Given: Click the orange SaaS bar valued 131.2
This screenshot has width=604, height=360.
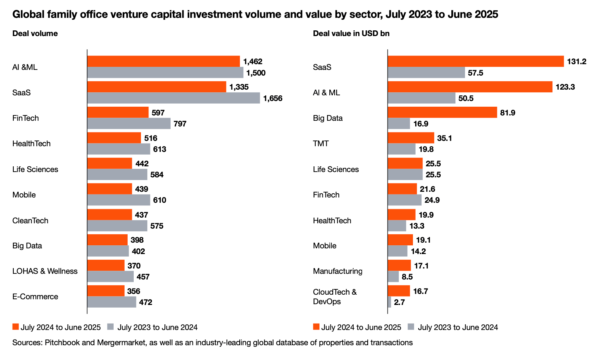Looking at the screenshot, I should pyautogui.click(x=476, y=62).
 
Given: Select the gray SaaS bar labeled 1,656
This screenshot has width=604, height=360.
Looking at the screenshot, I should pyautogui.click(x=174, y=98).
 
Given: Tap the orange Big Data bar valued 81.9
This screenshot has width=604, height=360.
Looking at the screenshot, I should pyautogui.click(x=442, y=112).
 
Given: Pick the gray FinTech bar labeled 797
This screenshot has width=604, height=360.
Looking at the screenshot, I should pyautogui.click(x=129, y=124).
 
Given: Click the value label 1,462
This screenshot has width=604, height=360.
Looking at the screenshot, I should pyautogui.click(x=253, y=62).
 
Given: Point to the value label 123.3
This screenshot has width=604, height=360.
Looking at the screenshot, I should pyautogui.click(x=565, y=87).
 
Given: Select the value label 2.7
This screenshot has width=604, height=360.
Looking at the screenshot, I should pyautogui.click(x=399, y=302).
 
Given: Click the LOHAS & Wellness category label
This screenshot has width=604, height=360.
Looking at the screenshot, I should pyautogui.click(x=45, y=271).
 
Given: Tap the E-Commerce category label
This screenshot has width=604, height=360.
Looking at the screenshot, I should pyautogui.click(x=35, y=297).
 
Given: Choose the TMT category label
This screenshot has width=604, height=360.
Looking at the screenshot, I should pyautogui.click(x=321, y=144).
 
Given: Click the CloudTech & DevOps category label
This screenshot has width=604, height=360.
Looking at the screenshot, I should pyautogui.click(x=335, y=297).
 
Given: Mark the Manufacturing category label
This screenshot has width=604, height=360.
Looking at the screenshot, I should pyautogui.click(x=338, y=271).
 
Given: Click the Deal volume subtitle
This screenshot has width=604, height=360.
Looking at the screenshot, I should pyautogui.click(x=35, y=33).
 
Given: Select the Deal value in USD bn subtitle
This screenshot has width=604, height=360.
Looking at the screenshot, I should pyautogui.click(x=351, y=33).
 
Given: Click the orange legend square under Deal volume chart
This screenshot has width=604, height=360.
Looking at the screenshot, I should pyautogui.click(x=16, y=327).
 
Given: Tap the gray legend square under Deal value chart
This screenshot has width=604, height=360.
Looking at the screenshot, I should pyautogui.click(x=410, y=327).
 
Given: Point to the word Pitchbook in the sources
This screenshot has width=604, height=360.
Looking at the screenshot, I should pyautogui.click(x=62, y=343).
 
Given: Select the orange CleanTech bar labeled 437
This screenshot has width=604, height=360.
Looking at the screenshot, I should pyautogui.click(x=109, y=215).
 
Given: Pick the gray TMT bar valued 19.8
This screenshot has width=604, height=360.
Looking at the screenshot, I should pyautogui.click(x=402, y=149).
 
